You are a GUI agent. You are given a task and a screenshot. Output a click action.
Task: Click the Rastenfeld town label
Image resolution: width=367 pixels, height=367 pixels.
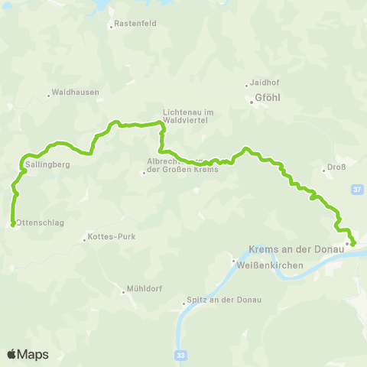click(x=135, y=24)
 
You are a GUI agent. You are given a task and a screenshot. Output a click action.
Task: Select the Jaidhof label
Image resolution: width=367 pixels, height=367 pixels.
click(x=265, y=85)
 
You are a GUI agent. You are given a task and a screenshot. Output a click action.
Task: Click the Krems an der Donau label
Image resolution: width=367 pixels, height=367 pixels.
click(x=297, y=250)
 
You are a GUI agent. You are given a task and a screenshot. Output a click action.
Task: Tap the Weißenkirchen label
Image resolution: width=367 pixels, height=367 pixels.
click(x=271, y=265)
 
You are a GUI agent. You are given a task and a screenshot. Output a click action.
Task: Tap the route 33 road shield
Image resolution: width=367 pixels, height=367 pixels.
click(x=180, y=355)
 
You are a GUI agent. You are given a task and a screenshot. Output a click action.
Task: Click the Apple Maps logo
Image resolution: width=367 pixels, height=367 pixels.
click(x=28, y=354)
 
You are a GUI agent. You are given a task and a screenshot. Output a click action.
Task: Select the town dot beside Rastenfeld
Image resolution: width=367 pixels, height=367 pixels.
click(x=111, y=26)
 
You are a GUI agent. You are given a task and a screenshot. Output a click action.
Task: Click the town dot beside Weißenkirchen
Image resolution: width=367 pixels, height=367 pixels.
click(x=235, y=261)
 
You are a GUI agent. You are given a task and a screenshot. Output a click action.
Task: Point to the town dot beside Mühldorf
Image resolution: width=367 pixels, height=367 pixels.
click(x=124, y=291)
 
